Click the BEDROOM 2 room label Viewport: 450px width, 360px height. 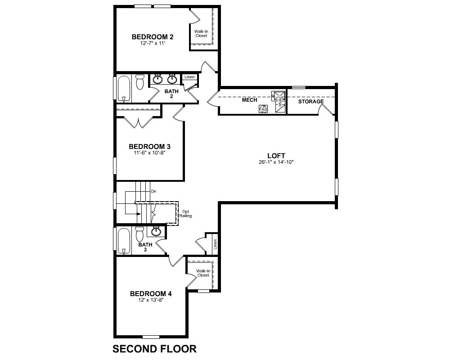pyautogui.click(x=153, y=37)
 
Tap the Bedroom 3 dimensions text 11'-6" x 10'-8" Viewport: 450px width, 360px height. pyautogui.click(x=149, y=153)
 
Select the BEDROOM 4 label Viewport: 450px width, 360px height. pyautogui.click(x=151, y=294)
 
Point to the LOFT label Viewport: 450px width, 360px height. pyautogui.click(x=276, y=156)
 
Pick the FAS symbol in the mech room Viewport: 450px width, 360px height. pyautogui.click(x=263, y=109)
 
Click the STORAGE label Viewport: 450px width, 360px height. pyautogui.click(x=311, y=102)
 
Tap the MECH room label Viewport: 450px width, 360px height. pyautogui.click(x=249, y=100)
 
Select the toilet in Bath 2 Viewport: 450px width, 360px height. pyautogui.click(x=140, y=82)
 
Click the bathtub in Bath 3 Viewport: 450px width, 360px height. pyautogui.click(x=124, y=241)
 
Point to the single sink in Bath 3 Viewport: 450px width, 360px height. pyautogui.click(x=156, y=231)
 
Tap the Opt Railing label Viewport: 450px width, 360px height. pyautogui.click(x=185, y=214)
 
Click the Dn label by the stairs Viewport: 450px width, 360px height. pyautogui.click(x=153, y=192)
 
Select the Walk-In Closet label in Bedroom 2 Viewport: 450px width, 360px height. pyautogui.click(x=201, y=34)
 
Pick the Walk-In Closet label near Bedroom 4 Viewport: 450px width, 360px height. pyautogui.click(x=203, y=273)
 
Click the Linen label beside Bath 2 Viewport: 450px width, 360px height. pyautogui.click(x=189, y=77)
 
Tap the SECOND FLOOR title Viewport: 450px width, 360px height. pyautogui.click(x=154, y=349)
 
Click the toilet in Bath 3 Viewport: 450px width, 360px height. pyautogui.click(x=140, y=234)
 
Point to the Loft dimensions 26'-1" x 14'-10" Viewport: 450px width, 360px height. pyautogui.click(x=276, y=162)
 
